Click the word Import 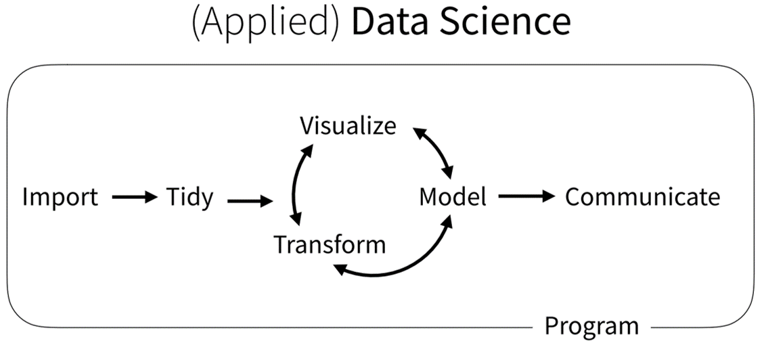(60, 198)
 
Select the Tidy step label (189, 198)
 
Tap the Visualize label (349, 126)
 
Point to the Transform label (330, 244)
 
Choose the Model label (453, 198)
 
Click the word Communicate (642, 198)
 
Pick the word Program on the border (591, 326)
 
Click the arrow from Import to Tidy (133, 198)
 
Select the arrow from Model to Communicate (526, 198)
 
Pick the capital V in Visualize (307, 126)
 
